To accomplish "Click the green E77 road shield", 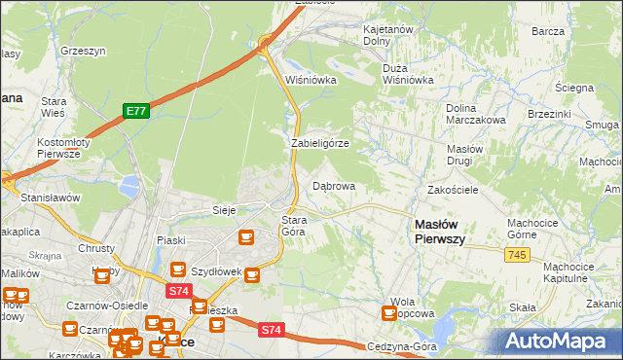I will pos(136,112).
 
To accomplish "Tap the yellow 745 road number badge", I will pos(518,254).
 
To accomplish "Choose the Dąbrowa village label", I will pos(333,186).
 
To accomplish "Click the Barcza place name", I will pos(548,31).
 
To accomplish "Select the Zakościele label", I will pos(453,190).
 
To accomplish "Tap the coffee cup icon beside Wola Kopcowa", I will pos(389,313).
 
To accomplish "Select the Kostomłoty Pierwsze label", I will pos(63,148).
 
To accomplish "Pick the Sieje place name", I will pos(225,210).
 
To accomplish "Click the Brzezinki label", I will pos(548,113).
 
